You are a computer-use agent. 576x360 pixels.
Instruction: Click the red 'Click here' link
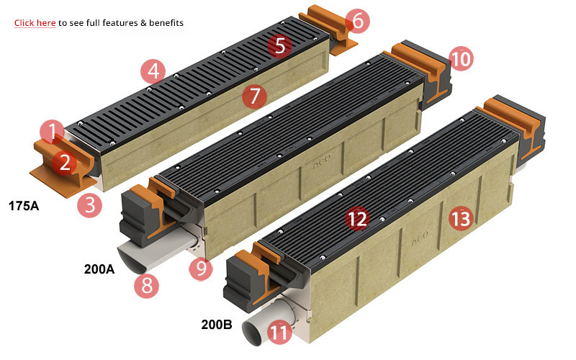pos(35,23)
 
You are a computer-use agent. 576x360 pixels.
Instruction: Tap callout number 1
pos(52,132)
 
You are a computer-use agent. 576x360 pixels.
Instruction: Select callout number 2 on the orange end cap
pos(65,163)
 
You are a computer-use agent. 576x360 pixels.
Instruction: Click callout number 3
pos(90,204)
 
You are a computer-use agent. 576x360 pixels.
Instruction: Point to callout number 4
pos(152,71)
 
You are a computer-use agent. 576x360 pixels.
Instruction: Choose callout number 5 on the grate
pos(280,46)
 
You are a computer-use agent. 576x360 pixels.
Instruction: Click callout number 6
pos(357,22)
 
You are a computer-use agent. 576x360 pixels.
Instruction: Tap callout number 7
pos(253,95)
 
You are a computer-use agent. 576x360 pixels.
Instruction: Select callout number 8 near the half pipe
pos(146,286)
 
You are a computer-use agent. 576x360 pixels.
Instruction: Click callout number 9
pos(201,269)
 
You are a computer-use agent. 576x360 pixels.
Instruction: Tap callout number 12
pos(356,217)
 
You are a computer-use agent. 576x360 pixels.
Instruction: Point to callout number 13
pos(461,217)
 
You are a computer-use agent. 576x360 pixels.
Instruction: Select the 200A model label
pos(99,270)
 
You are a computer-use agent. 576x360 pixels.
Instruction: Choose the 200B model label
pos(217,325)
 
